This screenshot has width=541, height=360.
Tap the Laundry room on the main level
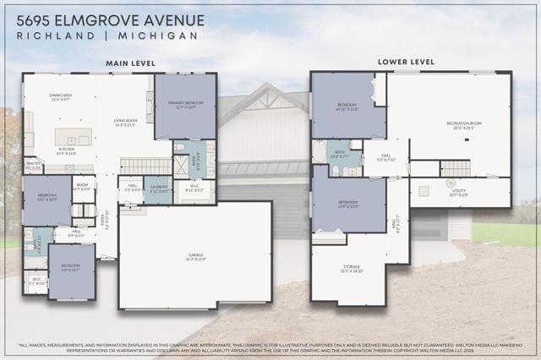point(158,189)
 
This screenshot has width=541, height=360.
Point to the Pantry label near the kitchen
point(34,166)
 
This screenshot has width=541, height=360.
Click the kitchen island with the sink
point(73,137)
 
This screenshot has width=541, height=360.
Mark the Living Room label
point(125,123)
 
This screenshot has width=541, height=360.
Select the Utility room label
point(459,193)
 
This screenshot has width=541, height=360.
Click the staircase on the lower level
point(455,168)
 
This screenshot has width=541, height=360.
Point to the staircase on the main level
point(145,166)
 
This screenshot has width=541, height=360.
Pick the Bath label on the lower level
point(338,155)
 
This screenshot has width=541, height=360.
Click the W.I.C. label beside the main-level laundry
point(192,190)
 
